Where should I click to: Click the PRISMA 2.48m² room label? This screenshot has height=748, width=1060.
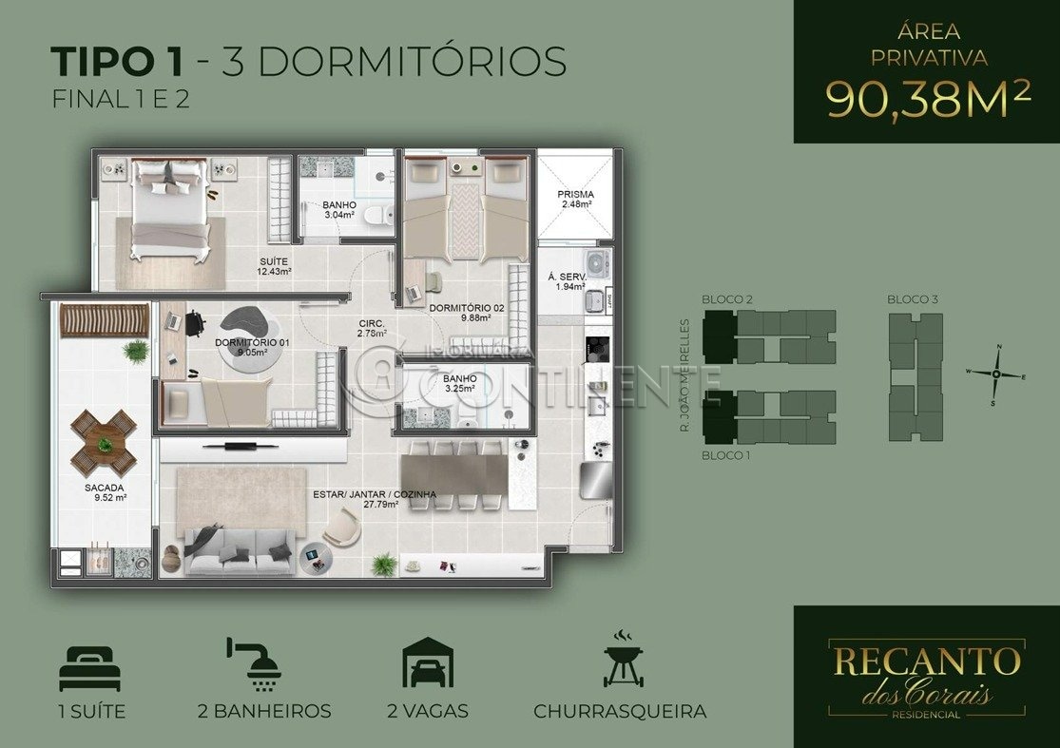tap(575, 199)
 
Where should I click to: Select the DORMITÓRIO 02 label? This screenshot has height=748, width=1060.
tap(467, 308)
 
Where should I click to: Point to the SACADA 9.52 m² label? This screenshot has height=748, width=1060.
tap(105, 492)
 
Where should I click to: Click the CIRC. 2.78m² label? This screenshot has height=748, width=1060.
tap(372, 329)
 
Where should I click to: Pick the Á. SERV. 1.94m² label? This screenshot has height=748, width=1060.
tap(567, 281)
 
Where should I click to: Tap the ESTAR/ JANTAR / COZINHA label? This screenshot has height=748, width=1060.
tap(375, 494)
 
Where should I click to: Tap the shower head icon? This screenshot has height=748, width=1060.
tap(255, 663)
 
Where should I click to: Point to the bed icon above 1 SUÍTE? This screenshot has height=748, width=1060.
tap(90, 668)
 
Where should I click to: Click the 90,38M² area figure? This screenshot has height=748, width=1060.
tap(928, 99)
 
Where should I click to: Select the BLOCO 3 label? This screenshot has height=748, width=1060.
tap(913, 299)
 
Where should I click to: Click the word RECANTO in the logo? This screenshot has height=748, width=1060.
tap(926, 662)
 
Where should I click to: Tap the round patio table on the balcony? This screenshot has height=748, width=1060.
tap(105, 444)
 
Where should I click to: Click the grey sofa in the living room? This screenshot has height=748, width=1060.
tap(240, 549)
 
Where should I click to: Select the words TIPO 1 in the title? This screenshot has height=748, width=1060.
tap(116, 61)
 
